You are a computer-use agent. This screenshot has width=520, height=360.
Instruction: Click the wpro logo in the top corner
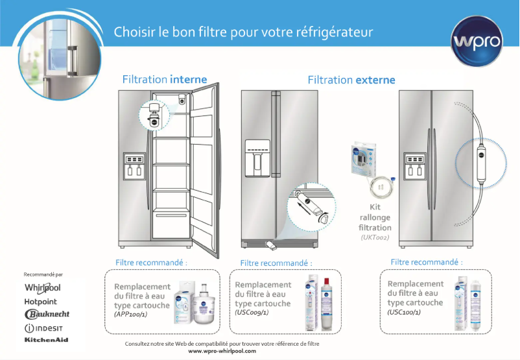tap(479, 41)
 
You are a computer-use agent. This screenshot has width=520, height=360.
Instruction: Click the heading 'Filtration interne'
tap(165, 80)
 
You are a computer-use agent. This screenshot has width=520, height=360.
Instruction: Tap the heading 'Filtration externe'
tap(351, 80)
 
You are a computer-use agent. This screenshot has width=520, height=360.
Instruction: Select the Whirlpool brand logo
tap(42, 287)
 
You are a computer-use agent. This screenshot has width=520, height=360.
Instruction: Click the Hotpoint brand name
tap(40, 302)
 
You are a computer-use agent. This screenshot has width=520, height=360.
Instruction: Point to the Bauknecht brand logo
tap(47, 314)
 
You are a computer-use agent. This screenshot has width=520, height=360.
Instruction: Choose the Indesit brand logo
tap(43, 328)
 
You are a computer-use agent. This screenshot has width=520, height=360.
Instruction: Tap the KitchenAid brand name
tap(46, 339)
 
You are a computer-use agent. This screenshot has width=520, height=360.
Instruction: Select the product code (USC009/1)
tap(252, 312)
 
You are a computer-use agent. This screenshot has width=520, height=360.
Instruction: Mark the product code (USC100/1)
tap(404, 312)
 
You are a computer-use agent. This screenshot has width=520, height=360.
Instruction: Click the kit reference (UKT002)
tap(375, 238)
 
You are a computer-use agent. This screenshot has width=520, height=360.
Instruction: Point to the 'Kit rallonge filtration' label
tap(375, 219)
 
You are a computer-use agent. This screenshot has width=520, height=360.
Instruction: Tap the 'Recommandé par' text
tap(43, 274)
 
